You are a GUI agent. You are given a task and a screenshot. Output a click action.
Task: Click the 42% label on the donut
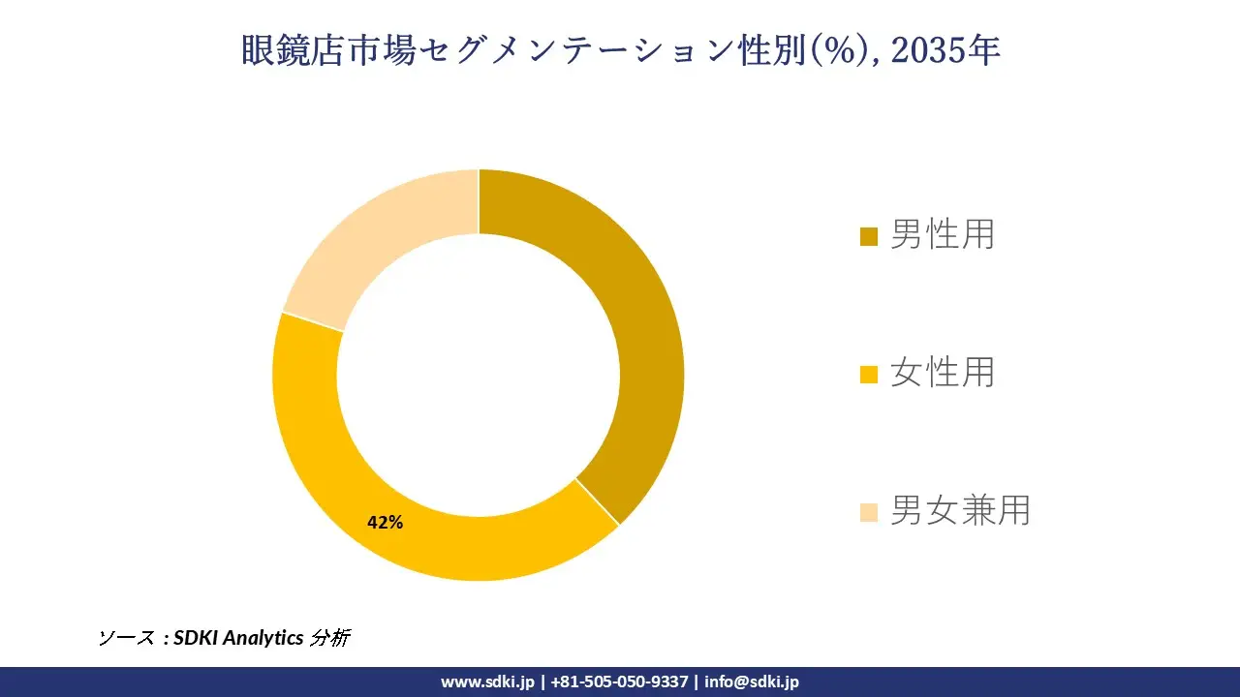[385, 522]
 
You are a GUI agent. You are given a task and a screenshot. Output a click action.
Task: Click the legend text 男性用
[942, 234]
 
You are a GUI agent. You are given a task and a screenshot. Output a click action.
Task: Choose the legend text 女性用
[942, 372]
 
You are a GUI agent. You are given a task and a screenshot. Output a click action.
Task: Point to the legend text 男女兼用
[959, 510]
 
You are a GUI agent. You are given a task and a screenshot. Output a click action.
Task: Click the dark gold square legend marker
[869, 236]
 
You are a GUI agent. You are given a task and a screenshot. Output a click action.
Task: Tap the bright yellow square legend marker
[869, 374]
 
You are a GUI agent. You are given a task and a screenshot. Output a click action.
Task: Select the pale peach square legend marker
[869, 512]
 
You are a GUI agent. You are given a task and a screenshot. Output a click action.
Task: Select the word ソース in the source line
[126, 638]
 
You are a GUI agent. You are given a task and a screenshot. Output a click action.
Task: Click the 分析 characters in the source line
[329, 638]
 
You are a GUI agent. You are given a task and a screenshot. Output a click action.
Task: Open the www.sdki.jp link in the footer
[487, 682]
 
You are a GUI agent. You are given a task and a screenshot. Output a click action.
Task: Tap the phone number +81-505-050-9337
[619, 682]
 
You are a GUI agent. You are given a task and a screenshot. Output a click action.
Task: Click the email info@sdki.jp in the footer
[752, 682]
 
